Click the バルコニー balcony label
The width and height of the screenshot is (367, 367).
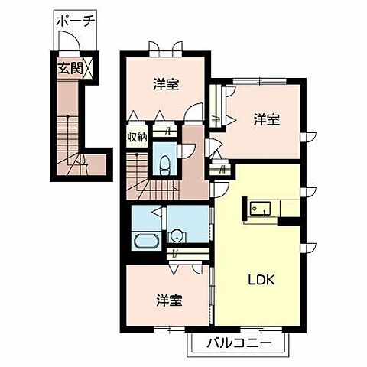[239, 343]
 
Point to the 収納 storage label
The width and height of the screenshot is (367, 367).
[138, 140]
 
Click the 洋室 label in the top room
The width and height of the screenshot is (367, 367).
[165, 84]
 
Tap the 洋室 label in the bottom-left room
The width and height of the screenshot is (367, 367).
[170, 300]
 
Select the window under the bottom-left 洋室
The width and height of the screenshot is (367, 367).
[166, 329]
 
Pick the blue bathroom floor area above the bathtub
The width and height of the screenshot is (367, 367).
[145, 218]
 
